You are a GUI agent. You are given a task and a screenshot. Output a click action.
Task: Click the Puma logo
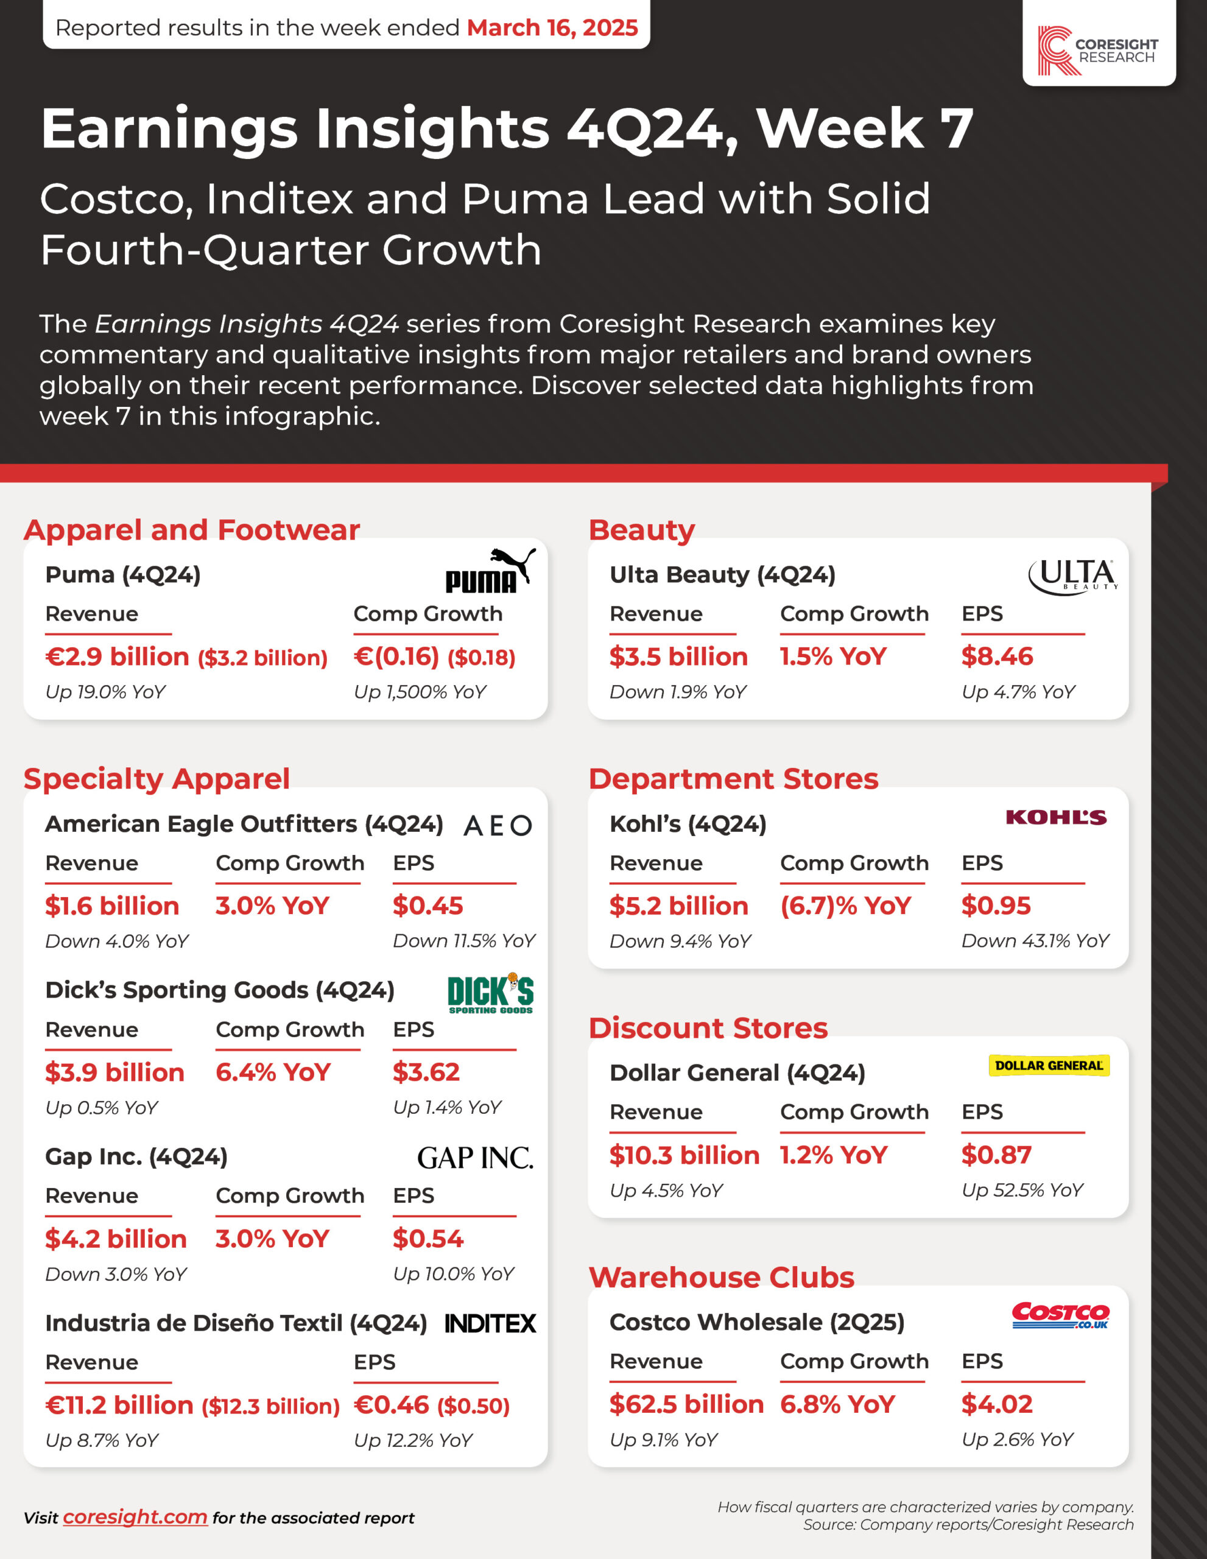[490, 572]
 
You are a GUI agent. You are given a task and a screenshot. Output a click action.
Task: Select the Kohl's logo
[1056, 817]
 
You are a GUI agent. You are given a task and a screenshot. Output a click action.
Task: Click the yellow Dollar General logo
[1048, 1066]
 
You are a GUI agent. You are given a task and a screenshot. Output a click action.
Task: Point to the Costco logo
[1060, 1315]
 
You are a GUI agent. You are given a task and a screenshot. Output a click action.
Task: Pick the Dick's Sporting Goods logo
[490, 993]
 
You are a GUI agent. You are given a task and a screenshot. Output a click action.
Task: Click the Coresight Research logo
[1098, 50]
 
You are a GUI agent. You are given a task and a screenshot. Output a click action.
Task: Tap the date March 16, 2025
[552, 28]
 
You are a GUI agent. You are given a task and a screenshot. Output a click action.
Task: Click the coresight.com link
[135, 1516]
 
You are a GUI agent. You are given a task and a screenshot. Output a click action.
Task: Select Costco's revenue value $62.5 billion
[686, 1404]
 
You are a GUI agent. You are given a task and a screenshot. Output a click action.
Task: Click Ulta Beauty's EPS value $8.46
[996, 656]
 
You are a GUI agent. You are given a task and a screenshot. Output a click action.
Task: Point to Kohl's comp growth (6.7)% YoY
[845, 906]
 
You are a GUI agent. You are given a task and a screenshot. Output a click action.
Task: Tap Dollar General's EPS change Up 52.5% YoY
[1021, 1190]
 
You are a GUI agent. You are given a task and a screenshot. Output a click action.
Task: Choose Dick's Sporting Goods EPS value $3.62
[426, 1072]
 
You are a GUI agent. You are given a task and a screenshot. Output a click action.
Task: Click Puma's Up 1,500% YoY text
[420, 692]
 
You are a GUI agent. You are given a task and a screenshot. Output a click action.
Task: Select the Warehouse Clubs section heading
[721, 1277]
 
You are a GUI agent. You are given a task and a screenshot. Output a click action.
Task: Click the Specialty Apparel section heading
[157, 779]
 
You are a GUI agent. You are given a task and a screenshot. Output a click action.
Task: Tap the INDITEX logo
[490, 1323]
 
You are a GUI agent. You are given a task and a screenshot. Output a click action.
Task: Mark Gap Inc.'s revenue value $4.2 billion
[116, 1239]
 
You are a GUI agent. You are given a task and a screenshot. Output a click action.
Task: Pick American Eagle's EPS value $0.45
[428, 906]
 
